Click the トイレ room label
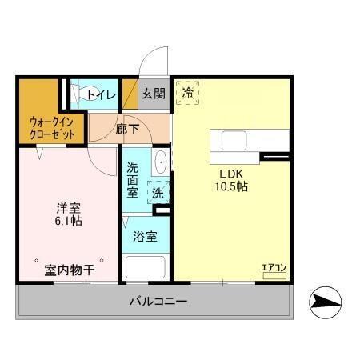point(102,94)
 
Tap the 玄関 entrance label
point(154,94)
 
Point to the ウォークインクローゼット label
point(52,129)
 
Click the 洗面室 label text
point(133,180)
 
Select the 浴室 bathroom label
point(145,236)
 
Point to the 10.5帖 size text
point(231,186)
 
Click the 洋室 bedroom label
point(67,206)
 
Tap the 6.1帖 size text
point(67,221)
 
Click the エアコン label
point(274,267)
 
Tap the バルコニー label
point(158,302)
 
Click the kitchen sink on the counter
point(234,142)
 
